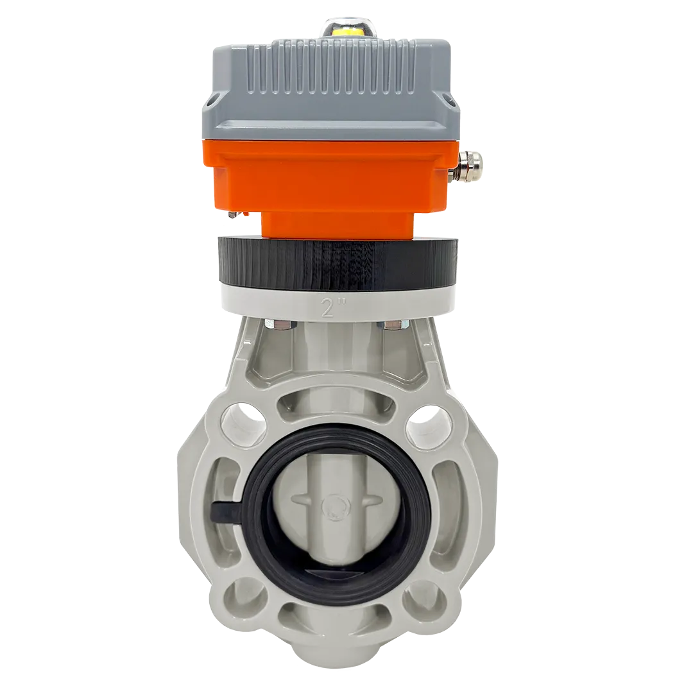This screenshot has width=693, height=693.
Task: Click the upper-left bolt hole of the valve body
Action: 243,423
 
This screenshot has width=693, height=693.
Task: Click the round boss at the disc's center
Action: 333,505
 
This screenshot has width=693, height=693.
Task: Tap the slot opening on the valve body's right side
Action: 447,507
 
